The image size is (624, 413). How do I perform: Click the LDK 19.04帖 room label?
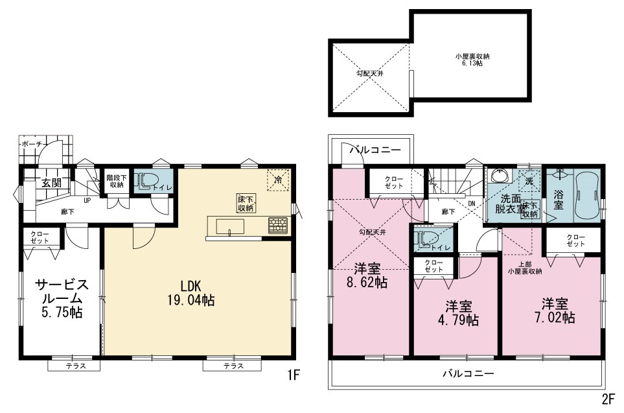(x=191, y=292)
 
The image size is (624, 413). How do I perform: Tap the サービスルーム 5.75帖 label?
(x=62, y=298)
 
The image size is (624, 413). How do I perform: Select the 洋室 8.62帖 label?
(x=367, y=276)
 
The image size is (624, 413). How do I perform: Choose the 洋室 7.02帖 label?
(x=555, y=311)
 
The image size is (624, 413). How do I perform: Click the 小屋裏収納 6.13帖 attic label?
(x=472, y=60)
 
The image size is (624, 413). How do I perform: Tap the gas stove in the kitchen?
(x=278, y=225)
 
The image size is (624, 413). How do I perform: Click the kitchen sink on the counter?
(x=231, y=226)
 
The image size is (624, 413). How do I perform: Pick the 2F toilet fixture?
(x=425, y=239)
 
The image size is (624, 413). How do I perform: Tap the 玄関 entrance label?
(x=52, y=183)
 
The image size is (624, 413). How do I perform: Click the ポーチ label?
(x=32, y=144)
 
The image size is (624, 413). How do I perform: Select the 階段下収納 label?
(x=117, y=181)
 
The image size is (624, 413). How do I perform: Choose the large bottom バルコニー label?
(x=468, y=373)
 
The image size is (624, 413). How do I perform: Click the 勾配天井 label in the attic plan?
(x=370, y=73)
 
